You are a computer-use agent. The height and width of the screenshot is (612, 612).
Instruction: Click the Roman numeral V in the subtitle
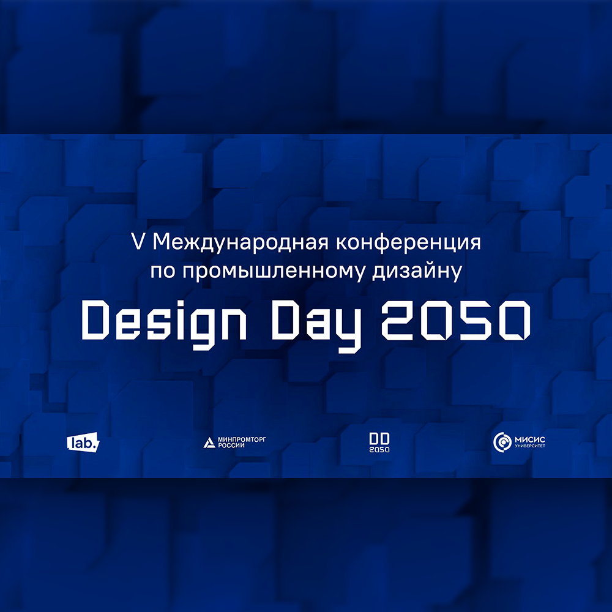click(138, 242)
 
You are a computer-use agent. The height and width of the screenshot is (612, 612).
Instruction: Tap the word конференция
click(408, 243)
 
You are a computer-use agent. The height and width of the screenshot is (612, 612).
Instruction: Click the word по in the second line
click(163, 272)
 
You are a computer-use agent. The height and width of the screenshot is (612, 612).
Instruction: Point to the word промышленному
click(274, 272)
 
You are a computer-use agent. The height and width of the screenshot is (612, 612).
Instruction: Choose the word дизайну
click(417, 272)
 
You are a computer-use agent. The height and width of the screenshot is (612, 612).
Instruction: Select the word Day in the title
click(316, 327)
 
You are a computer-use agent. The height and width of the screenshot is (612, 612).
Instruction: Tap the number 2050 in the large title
click(455, 321)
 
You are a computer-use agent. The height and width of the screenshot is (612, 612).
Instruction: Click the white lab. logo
click(83, 442)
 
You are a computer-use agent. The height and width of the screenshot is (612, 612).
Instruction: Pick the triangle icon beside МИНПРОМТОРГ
click(209, 442)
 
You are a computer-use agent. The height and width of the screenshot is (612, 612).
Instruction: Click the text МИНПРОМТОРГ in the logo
click(242, 439)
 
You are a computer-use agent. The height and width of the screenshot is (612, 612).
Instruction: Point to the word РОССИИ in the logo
click(231, 446)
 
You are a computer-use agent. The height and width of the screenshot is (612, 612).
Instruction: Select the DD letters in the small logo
click(379, 438)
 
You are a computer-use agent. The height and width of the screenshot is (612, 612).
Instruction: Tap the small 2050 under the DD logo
click(379, 449)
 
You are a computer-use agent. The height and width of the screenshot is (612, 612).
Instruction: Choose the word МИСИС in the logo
click(530, 439)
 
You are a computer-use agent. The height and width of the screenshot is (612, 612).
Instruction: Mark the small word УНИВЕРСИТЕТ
click(530, 446)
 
